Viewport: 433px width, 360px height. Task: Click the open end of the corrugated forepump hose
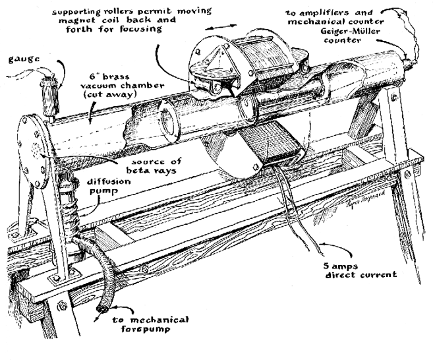tap(103, 309)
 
